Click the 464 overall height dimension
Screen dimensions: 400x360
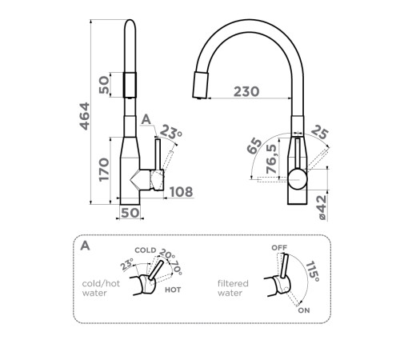coord(85,116)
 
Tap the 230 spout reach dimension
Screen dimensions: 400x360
coord(246,91)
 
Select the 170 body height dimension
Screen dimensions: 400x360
coord(104,170)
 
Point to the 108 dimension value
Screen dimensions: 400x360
coord(181,192)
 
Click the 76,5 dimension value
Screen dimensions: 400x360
coord(271,158)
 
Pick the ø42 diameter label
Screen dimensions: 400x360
coord(322,207)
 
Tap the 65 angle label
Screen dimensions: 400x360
coord(254,146)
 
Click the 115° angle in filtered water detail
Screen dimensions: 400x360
coord(312,271)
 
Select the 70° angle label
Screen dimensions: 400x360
coord(177,267)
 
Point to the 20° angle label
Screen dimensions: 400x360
coord(167,254)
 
